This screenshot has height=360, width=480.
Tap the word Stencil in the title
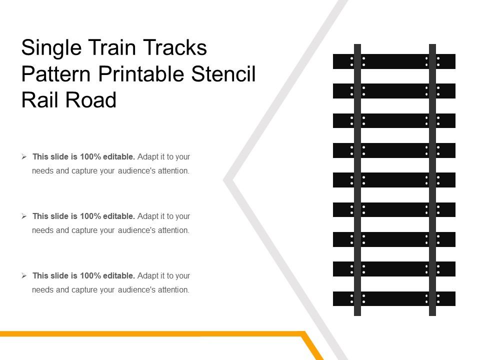223,74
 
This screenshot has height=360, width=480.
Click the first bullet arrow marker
24,157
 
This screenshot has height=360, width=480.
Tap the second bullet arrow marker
24,216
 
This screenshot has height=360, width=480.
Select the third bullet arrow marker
24,276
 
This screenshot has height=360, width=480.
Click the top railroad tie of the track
394,61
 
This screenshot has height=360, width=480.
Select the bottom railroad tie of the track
394,298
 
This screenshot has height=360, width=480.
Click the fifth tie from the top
394,180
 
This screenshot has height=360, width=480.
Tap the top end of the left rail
357,46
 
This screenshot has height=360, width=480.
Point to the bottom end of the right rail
432,313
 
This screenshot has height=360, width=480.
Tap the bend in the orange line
303,333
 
